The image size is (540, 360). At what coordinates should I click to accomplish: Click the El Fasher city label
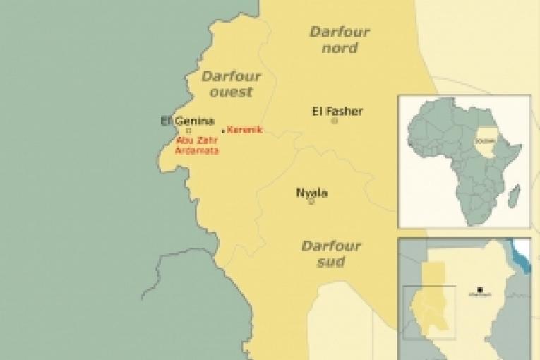point(337,111)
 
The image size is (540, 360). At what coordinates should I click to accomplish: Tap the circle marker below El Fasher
point(335,121)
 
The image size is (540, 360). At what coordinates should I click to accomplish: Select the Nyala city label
point(311,193)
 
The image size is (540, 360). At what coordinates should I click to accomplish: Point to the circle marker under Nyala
point(311,201)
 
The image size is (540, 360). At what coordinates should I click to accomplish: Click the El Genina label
point(187,121)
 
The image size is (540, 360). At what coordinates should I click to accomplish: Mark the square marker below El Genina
point(188,131)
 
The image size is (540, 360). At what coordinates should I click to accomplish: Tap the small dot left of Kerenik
point(223,131)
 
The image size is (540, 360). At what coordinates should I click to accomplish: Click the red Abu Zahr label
point(192,140)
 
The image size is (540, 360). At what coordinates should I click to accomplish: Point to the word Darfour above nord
point(340,32)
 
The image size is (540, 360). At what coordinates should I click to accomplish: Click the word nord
point(340,48)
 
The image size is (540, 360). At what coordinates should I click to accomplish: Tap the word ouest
point(231,92)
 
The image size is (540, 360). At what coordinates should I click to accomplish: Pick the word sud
point(331,262)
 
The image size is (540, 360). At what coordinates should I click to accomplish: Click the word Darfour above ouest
point(231,76)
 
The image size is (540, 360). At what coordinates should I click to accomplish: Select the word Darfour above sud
point(331,246)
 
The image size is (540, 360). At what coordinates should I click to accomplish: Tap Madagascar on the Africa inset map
point(515,196)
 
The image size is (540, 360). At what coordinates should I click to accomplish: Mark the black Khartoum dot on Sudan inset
point(480,289)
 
